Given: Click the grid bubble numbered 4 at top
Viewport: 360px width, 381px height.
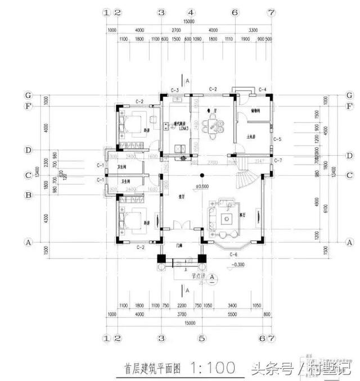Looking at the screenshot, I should click(x=191, y=12).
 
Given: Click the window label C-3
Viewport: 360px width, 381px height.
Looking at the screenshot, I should click(x=174, y=90).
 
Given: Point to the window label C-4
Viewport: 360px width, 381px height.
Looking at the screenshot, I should click(x=262, y=90).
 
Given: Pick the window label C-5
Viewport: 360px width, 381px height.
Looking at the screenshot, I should click(x=277, y=139).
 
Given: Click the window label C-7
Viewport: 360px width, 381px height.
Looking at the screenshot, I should click(x=277, y=161).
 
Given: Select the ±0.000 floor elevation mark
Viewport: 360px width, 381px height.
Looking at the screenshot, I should click(x=201, y=185).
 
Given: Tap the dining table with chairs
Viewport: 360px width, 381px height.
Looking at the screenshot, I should click(x=213, y=127).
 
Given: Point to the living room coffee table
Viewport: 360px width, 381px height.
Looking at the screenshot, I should click(x=229, y=217).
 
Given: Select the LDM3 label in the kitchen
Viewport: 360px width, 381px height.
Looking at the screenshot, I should click(x=183, y=129).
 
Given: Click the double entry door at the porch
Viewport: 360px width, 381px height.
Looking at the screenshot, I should click(x=181, y=226).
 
